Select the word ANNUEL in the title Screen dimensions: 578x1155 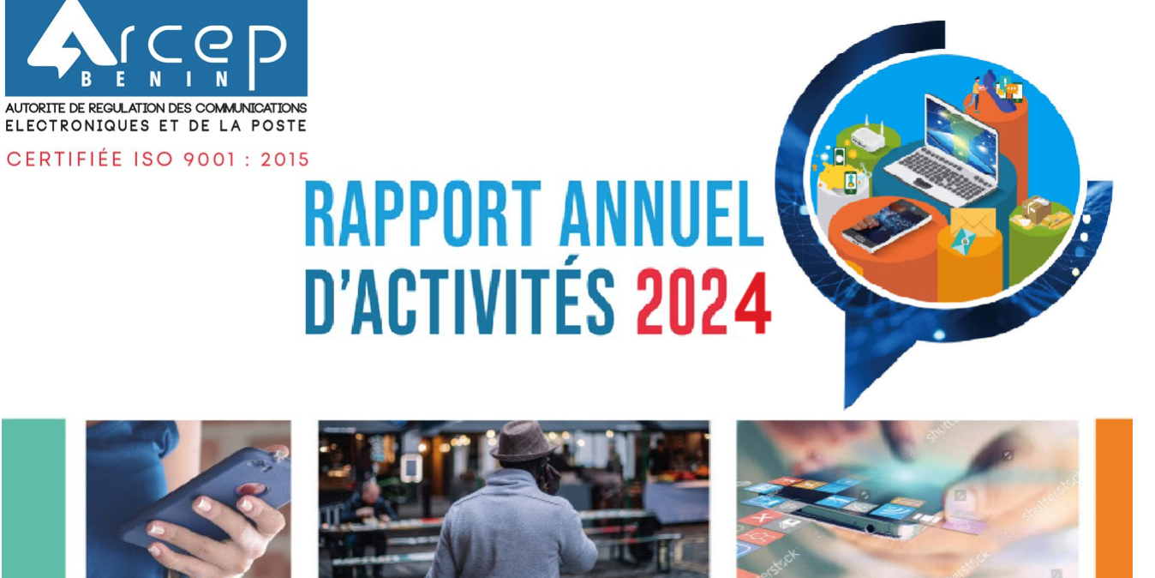point(660,214)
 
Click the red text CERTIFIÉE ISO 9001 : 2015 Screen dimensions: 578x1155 point(158,160)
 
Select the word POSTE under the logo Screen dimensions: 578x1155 point(278,126)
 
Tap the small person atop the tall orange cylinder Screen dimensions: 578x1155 point(977,91)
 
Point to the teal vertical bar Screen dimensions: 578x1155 point(33,497)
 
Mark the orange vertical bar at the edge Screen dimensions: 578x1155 point(1113,497)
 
